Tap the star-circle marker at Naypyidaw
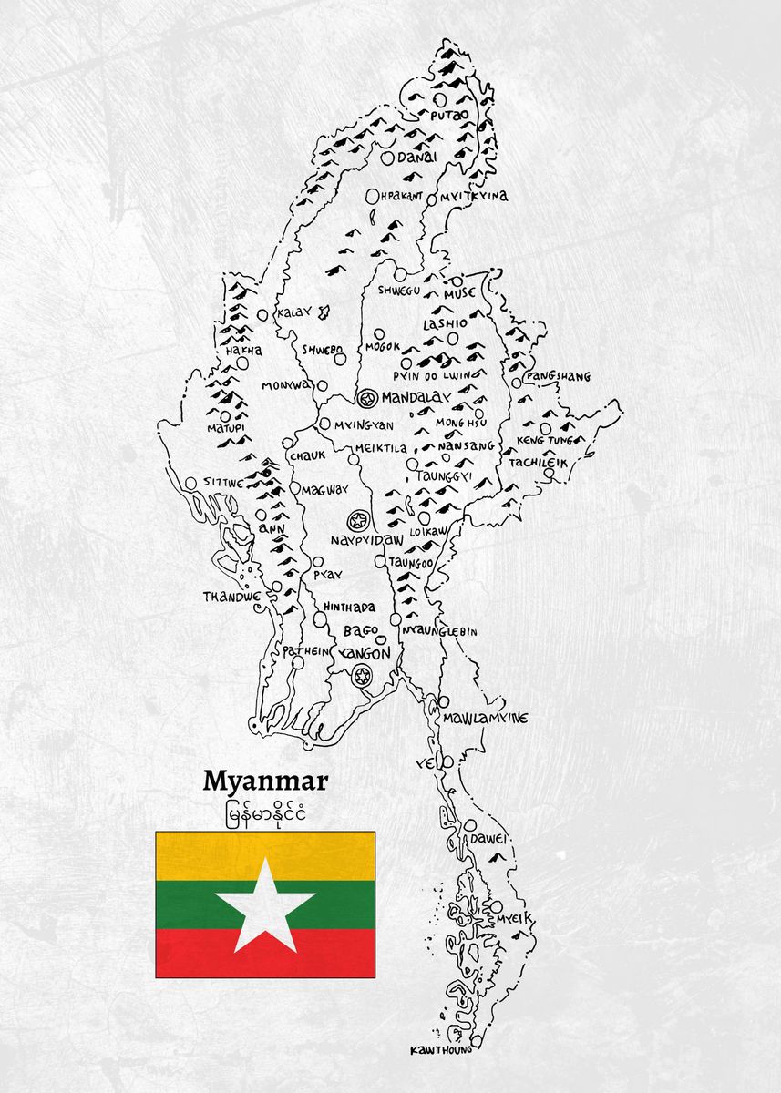[x=357, y=521]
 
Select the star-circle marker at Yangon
[x=362, y=675]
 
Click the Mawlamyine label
[x=485, y=719]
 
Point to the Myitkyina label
[x=473, y=196]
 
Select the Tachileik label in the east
[x=538, y=463]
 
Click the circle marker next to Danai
[x=388, y=158]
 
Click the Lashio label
[x=445, y=323]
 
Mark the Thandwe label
[x=232, y=598]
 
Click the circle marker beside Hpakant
[x=372, y=196]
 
